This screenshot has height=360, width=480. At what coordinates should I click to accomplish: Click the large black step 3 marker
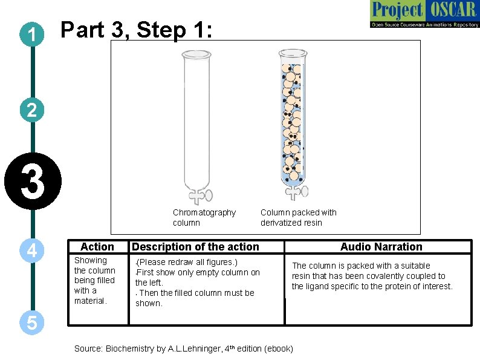(x=33, y=182)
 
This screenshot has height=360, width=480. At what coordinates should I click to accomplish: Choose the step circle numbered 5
(x=32, y=323)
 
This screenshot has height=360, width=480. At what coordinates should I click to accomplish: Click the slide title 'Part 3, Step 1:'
(x=137, y=30)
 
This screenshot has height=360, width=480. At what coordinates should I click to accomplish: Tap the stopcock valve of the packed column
(x=295, y=192)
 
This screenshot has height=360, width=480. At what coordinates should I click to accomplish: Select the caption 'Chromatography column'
(x=204, y=217)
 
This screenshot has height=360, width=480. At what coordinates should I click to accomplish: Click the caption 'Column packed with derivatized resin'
(x=298, y=217)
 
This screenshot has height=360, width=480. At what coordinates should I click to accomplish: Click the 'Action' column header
(x=97, y=247)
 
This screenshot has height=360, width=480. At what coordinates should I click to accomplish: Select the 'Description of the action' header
(x=195, y=247)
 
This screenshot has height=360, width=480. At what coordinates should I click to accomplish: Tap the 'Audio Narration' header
(x=381, y=247)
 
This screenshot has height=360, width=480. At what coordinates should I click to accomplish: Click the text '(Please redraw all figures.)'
(x=187, y=262)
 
